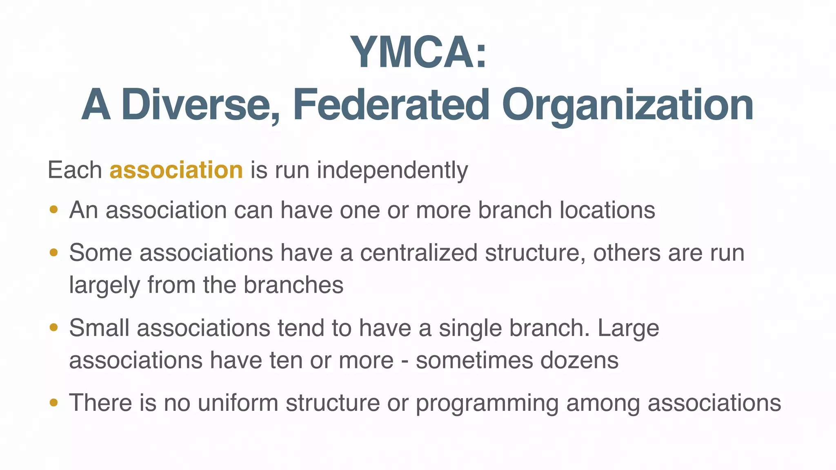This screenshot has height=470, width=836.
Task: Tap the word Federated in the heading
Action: point(391,105)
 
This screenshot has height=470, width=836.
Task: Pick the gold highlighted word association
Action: point(176,170)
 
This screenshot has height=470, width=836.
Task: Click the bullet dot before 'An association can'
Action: point(53,210)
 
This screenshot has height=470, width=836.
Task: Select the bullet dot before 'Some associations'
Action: point(53,253)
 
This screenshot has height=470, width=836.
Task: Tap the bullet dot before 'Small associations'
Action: point(53,328)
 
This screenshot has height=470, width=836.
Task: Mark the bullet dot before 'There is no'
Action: point(53,403)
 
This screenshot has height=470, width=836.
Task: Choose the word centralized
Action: point(418,253)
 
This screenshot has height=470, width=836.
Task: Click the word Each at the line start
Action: point(75,170)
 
